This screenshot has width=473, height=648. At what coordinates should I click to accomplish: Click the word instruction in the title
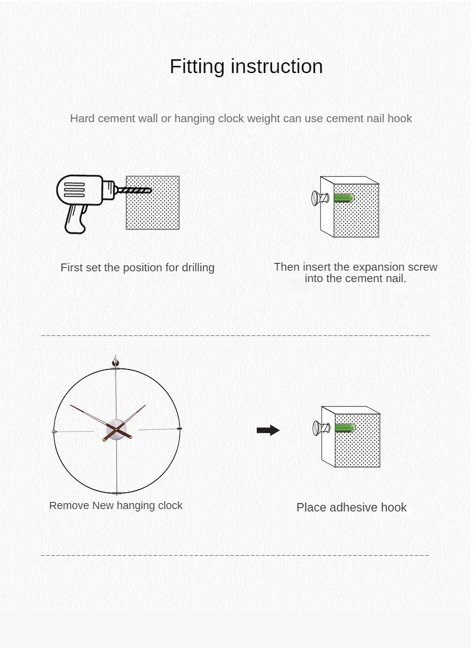click(277, 66)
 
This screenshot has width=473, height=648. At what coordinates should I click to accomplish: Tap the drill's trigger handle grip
click(76, 219)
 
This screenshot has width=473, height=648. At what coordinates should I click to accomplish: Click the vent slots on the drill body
click(74, 190)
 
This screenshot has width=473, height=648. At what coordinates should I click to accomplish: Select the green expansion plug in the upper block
click(344, 198)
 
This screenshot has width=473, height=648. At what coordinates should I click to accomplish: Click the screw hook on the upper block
click(320, 198)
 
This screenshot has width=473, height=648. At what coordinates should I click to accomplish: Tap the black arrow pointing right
click(268, 430)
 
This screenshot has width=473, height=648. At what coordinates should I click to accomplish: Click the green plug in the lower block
click(345, 428)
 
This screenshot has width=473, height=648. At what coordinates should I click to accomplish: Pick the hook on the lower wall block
click(321, 428)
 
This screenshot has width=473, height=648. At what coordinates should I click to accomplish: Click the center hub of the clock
click(116, 430)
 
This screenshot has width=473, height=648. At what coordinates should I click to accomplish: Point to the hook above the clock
click(116, 362)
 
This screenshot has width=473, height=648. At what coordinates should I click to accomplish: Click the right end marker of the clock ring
click(179, 429)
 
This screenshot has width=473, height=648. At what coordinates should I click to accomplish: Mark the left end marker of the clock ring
click(54, 432)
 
